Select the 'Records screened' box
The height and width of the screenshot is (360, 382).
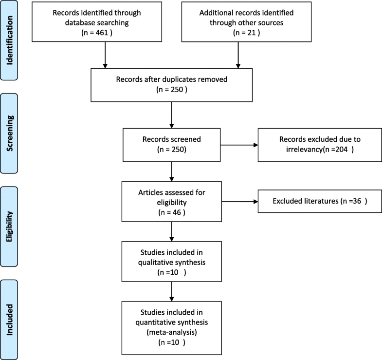(x=173, y=144)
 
